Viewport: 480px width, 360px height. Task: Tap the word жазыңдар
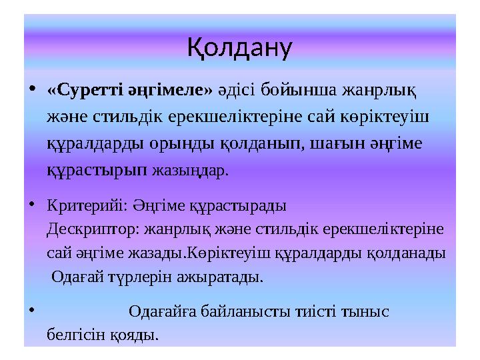tap(190, 170)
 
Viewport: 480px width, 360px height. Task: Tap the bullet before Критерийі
tap(33, 203)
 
